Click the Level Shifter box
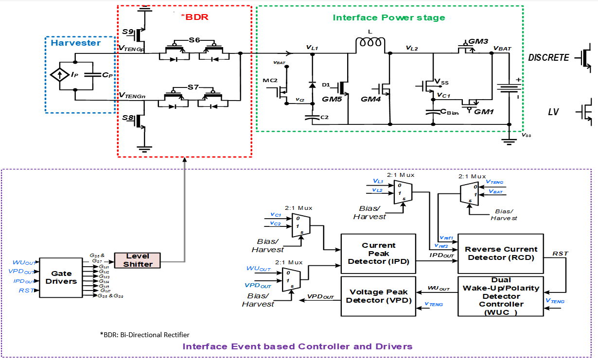tap(137, 260)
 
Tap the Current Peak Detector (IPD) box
tap(378, 253)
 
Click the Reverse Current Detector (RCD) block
tap(501, 253)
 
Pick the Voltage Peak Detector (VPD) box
tap(378, 296)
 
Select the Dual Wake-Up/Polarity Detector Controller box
tap(501, 296)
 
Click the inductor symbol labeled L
tap(370, 45)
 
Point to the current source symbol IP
tap(60, 76)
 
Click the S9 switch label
tap(128, 32)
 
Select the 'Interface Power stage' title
tap(388, 17)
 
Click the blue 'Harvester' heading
tap(76, 43)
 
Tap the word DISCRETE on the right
tap(548, 58)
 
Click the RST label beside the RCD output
tap(560, 254)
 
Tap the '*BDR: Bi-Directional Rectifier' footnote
tap(144, 335)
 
